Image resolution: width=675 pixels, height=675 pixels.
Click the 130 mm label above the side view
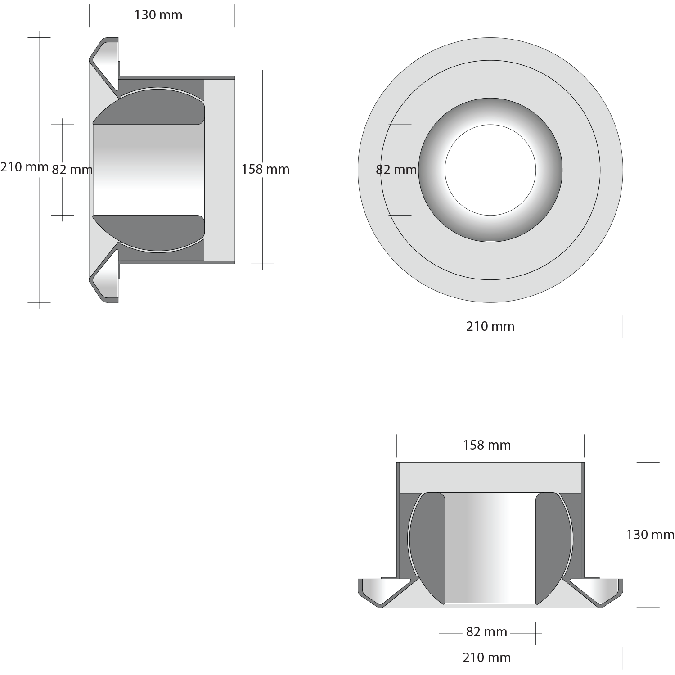(158, 15)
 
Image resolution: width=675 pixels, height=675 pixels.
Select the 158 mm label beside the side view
(265, 169)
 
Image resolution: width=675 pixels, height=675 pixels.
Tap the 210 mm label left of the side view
(24, 167)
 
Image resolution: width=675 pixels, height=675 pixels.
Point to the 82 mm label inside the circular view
(396, 170)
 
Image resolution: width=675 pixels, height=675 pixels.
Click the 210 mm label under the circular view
(490, 326)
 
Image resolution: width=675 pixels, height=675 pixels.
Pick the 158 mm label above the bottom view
(487, 445)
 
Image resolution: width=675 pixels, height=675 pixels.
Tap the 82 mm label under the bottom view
(486, 632)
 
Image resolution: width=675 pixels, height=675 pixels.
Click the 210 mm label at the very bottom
(486, 657)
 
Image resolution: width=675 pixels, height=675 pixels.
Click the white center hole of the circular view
(490, 170)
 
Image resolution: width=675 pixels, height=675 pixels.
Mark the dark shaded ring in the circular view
(432, 170)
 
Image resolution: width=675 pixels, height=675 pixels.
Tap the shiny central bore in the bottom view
(490, 548)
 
